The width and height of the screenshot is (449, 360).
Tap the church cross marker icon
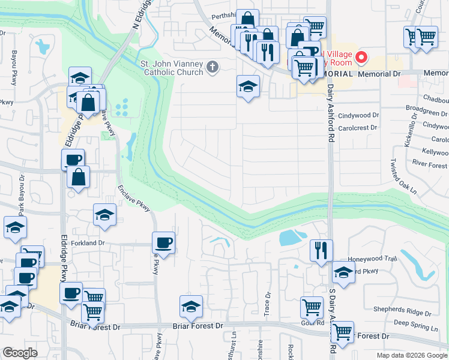pos(212,67)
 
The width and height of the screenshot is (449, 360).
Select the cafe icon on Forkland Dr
pos(163,244)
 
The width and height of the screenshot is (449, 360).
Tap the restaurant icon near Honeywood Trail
pos(321,249)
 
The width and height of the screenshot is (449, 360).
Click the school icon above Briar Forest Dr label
pos(191,307)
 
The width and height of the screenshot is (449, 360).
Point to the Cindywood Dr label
pos(359,115)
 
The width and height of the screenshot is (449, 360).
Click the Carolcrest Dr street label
pos(357,128)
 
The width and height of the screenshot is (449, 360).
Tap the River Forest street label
pos(429,165)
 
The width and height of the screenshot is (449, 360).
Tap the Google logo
pos(20,352)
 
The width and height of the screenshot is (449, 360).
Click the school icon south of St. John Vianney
pos(248,87)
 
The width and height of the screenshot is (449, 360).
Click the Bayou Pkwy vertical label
pos(13,67)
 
